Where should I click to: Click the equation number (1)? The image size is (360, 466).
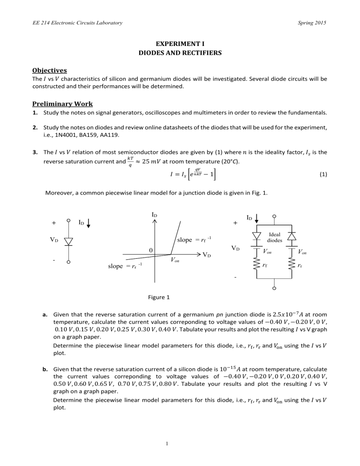pos(323,174)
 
